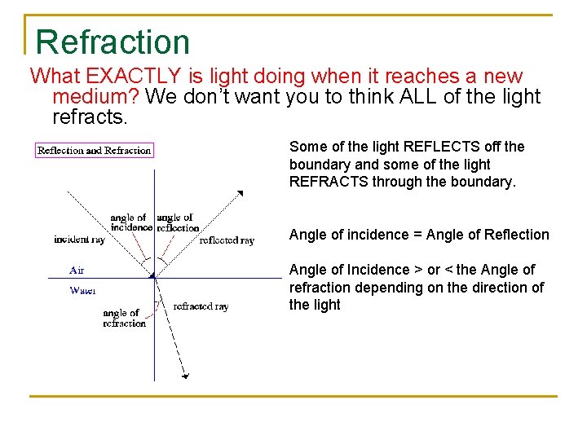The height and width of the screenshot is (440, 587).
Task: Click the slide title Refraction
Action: point(113,42)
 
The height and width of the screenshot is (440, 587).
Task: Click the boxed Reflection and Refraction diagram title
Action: point(95,150)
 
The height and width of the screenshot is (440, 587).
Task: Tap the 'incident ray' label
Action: point(80,240)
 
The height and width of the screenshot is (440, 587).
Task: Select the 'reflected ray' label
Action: point(227,240)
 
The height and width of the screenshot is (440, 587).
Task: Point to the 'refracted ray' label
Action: point(201,306)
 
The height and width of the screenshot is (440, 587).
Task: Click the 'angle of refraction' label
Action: point(124,318)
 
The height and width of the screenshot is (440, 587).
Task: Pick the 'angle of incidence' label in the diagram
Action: point(131,222)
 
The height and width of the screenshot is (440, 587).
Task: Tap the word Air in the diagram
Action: point(77,270)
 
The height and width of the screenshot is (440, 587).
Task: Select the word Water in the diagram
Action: point(82,290)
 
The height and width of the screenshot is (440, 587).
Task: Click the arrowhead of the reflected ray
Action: point(240,193)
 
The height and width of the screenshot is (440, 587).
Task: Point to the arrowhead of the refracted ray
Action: point(187,376)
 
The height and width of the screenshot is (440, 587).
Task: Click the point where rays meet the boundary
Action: point(153,278)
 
